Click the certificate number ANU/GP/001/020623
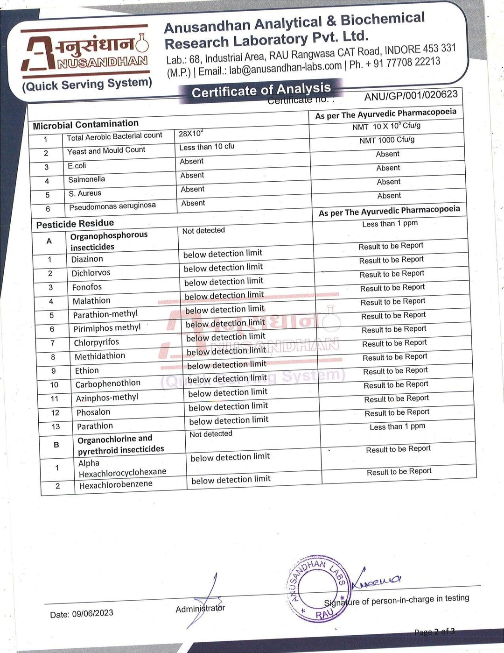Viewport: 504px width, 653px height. (411, 95)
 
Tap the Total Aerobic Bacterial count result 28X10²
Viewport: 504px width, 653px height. (191, 134)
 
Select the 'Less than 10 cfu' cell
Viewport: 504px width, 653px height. (207, 147)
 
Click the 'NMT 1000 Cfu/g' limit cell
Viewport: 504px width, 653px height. (387, 140)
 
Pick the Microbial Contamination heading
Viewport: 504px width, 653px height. (85, 124)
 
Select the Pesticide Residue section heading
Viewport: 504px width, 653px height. (75, 224)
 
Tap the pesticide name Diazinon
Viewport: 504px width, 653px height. (87, 259)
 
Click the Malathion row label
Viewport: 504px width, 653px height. (91, 301)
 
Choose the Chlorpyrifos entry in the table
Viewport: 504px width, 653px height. (96, 342)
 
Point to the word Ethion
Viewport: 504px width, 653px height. (87, 370)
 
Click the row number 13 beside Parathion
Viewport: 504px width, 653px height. (56, 426)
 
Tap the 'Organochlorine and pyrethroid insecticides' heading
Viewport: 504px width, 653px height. (121, 444)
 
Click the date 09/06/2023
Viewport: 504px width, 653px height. (92, 613)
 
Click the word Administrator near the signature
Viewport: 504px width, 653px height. (200, 609)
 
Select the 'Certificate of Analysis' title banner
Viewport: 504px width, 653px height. (261, 90)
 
